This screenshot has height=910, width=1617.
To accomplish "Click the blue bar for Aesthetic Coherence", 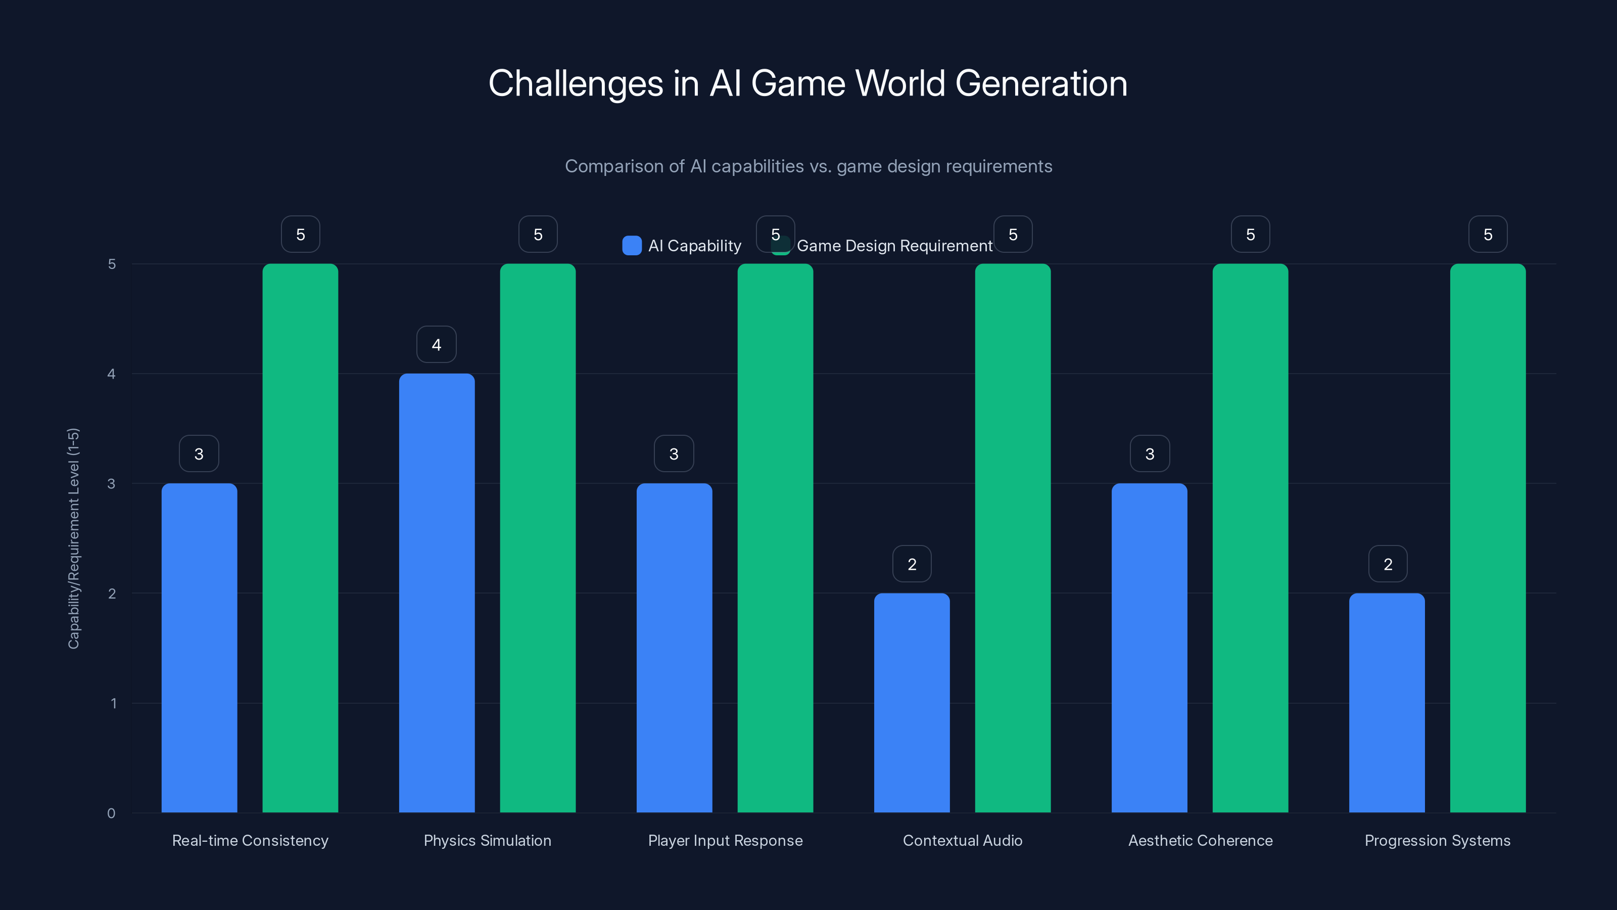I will coord(1150,648).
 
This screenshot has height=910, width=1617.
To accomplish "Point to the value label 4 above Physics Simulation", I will coord(436,344).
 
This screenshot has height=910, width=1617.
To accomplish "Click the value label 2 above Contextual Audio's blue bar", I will coord(912,564).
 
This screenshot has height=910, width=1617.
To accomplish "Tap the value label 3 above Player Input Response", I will coord(674,453).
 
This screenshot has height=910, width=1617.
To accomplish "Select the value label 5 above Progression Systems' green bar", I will coord(1488,234).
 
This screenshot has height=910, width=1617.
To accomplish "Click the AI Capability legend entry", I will coord(682,246).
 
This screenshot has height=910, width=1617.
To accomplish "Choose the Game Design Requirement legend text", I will coord(894,246).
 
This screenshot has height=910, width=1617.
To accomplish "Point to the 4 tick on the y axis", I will coord(112,374).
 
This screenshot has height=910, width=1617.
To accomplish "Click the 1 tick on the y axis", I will coord(114,703).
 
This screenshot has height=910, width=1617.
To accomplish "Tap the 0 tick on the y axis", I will coord(111,813).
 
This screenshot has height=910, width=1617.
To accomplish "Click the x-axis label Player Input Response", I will coord(725,840).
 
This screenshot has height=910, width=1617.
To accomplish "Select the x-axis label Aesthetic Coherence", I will coord(1200,840).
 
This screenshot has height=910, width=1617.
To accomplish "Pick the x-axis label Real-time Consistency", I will coord(250,840).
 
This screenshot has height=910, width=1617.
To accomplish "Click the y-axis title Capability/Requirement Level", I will coord(73,538).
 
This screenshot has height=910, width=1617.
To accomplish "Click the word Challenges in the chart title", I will coord(575,83).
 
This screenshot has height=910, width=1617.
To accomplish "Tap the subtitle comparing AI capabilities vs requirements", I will coord(808,166).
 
